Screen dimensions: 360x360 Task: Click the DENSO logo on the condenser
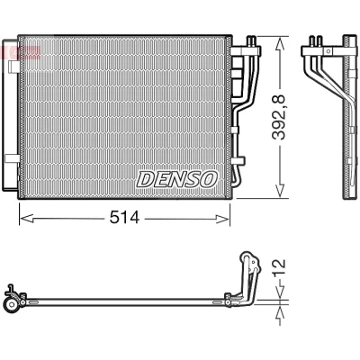pos(176,179)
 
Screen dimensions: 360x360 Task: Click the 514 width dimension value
pos(124,218)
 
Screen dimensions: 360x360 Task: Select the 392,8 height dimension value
pos(279,117)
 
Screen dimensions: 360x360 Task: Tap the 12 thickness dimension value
pos(279,268)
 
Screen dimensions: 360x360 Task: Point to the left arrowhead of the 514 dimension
pos(26,219)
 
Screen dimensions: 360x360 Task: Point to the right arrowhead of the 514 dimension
pos(222,219)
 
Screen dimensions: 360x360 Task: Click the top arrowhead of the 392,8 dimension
pos(280,43)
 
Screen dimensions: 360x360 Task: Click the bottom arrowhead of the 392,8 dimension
pos(280,191)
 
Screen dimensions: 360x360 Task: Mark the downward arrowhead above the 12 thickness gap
pos(280,292)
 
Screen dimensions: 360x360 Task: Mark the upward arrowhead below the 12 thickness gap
pos(280,312)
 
